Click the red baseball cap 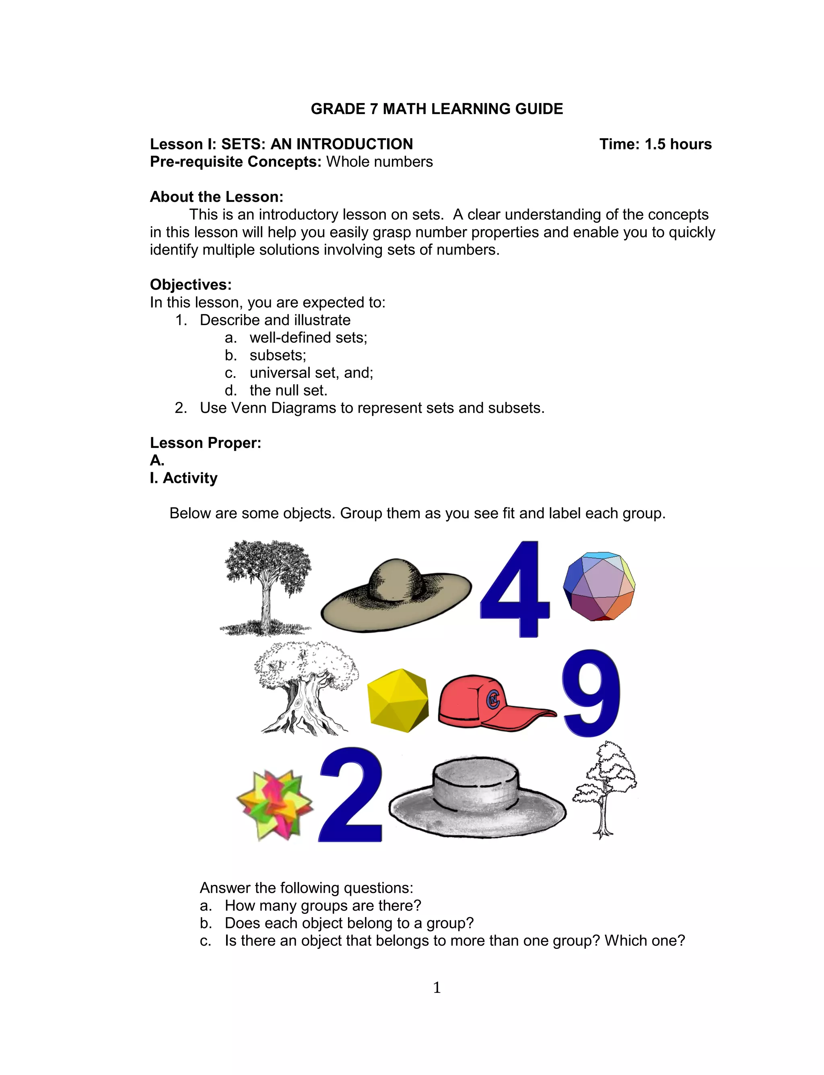(486, 704)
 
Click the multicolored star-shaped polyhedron (274, 805)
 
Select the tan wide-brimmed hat (395, 597)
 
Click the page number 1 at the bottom (437, 987)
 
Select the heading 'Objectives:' (190, 285)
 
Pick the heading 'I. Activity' (183, 478)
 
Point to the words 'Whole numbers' (379, 162)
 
